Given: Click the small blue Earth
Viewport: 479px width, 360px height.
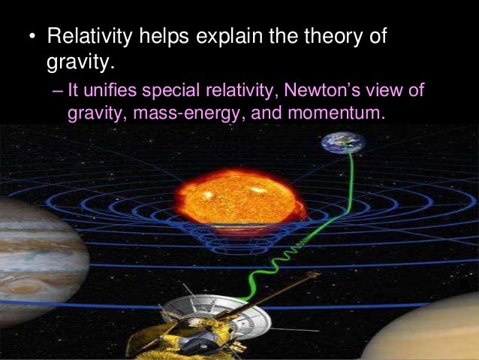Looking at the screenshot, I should tap(342, 142).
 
